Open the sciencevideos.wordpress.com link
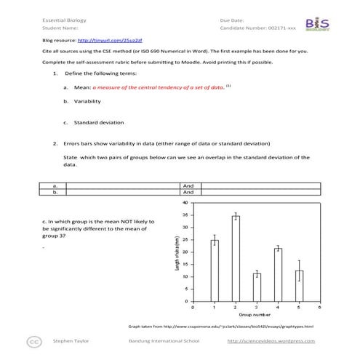271,340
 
